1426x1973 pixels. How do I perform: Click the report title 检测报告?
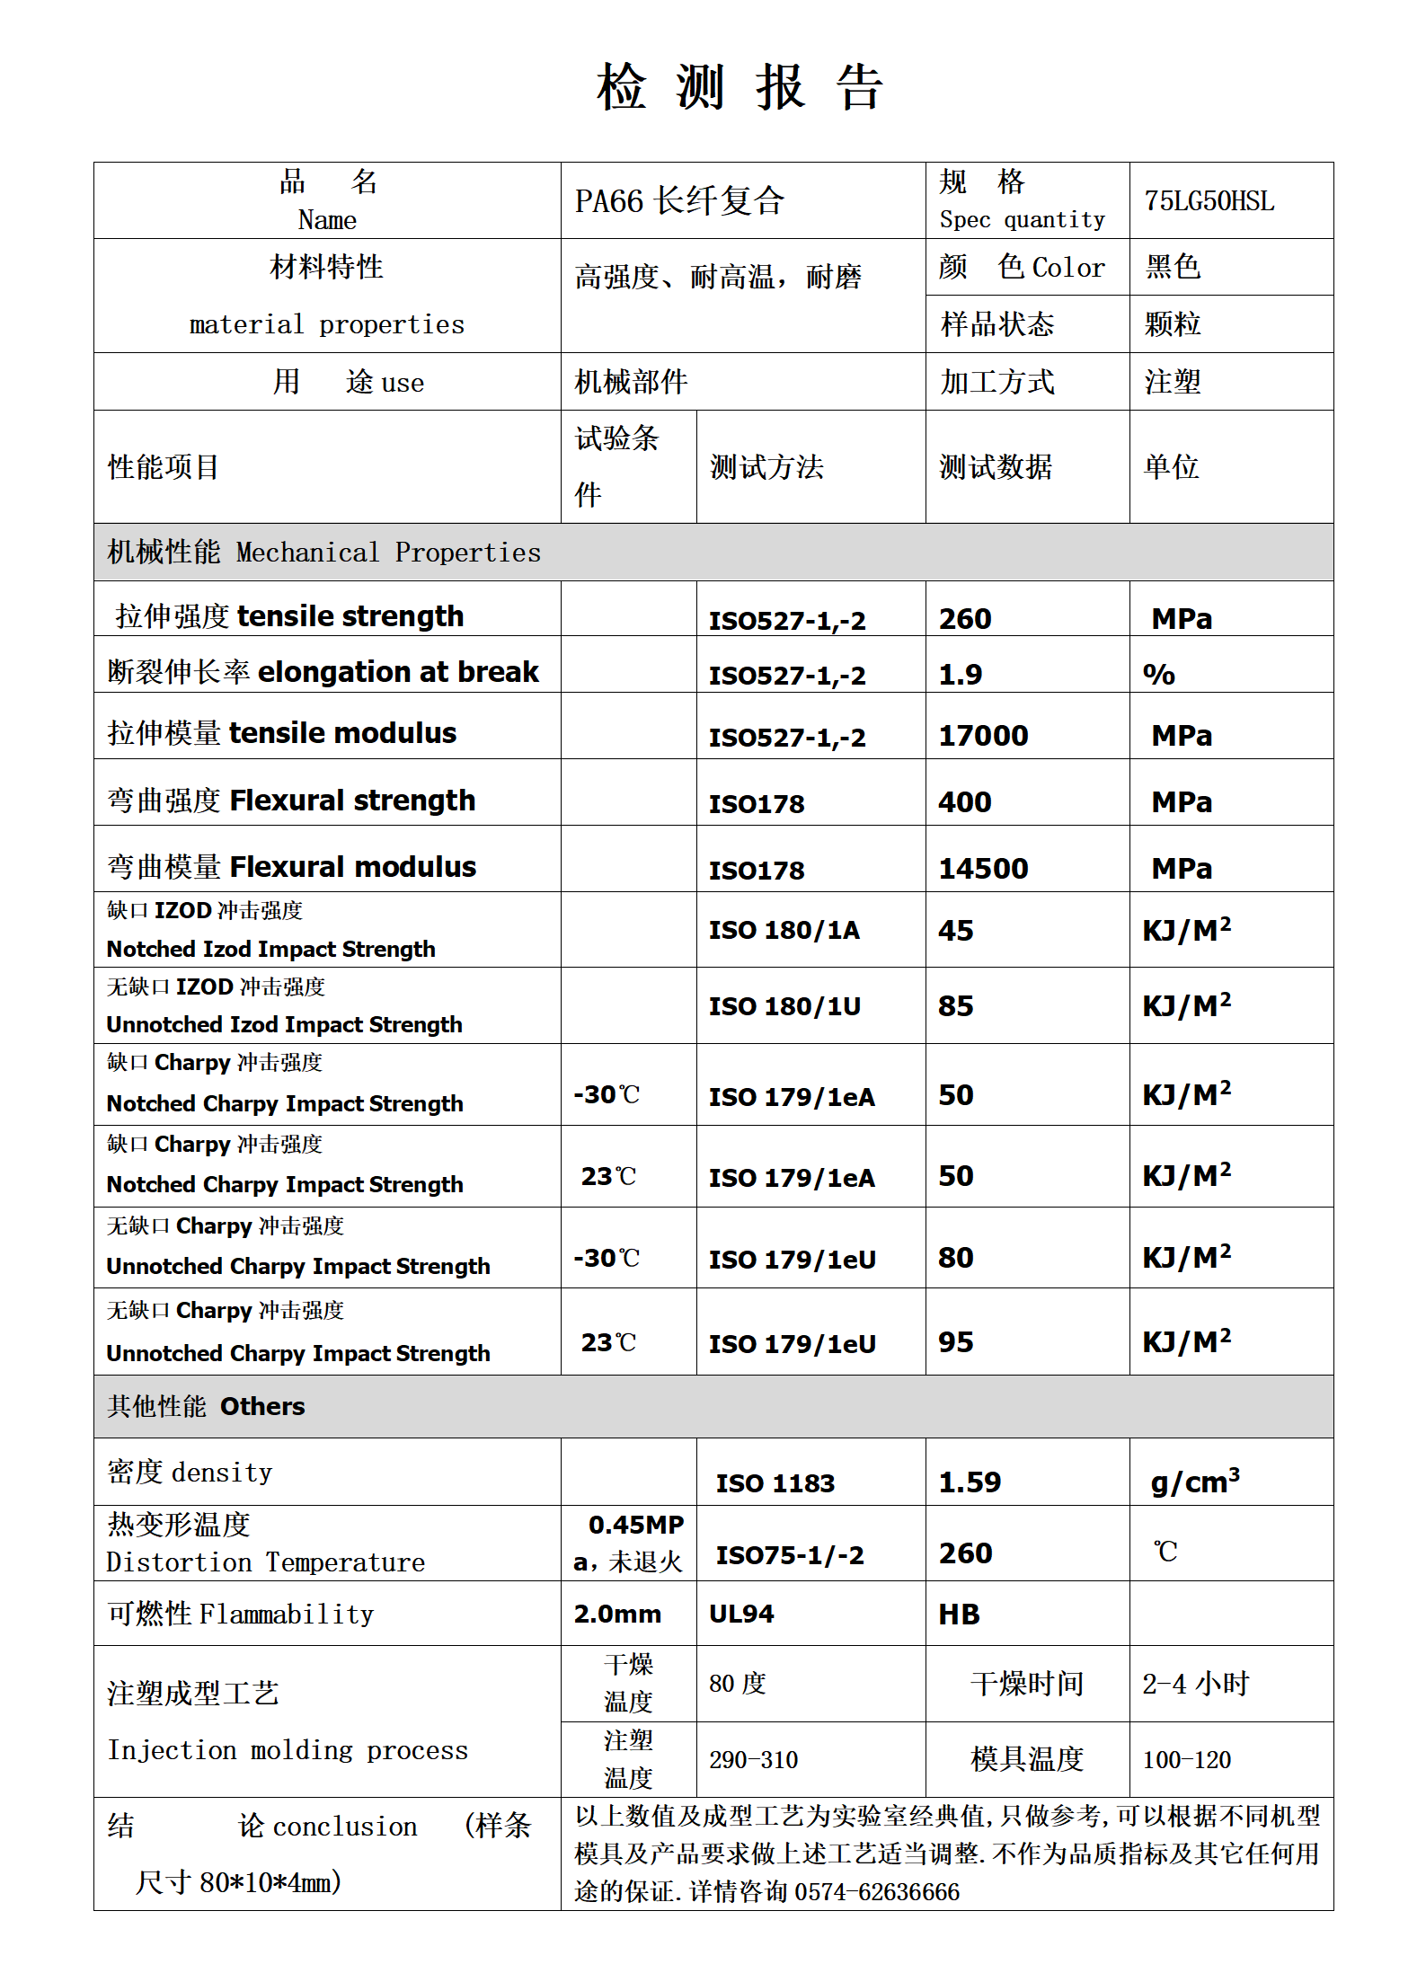coord(740,88)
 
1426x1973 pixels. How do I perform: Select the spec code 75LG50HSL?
coord(1209,200)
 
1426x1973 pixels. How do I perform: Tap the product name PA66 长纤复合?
coord(679,200)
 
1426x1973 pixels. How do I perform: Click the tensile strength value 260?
coord(965,619)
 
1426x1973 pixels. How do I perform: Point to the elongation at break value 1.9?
coord(960,675)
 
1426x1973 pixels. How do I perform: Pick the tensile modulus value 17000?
coord(983,736)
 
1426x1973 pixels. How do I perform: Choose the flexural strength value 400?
coord(965,802)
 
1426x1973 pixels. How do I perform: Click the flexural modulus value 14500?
coord(983,869)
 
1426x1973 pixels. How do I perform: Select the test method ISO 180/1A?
coord(784,930)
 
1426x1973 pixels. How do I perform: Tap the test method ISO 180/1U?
coord(784,1006)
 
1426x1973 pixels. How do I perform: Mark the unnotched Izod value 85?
coord(955,1006)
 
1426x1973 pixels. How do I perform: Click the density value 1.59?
coord(970,1482)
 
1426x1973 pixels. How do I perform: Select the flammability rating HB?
coord(959,1615)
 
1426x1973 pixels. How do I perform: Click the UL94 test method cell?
coord(741,1615)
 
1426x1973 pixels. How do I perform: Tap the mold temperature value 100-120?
coord(1186,1760)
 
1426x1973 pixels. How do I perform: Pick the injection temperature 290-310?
coord(753,1760)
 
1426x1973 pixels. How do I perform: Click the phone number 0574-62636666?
coord(877,1892)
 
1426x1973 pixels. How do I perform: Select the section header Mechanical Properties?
coord(388,553)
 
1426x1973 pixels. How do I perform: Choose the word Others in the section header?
coord(262,1407)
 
